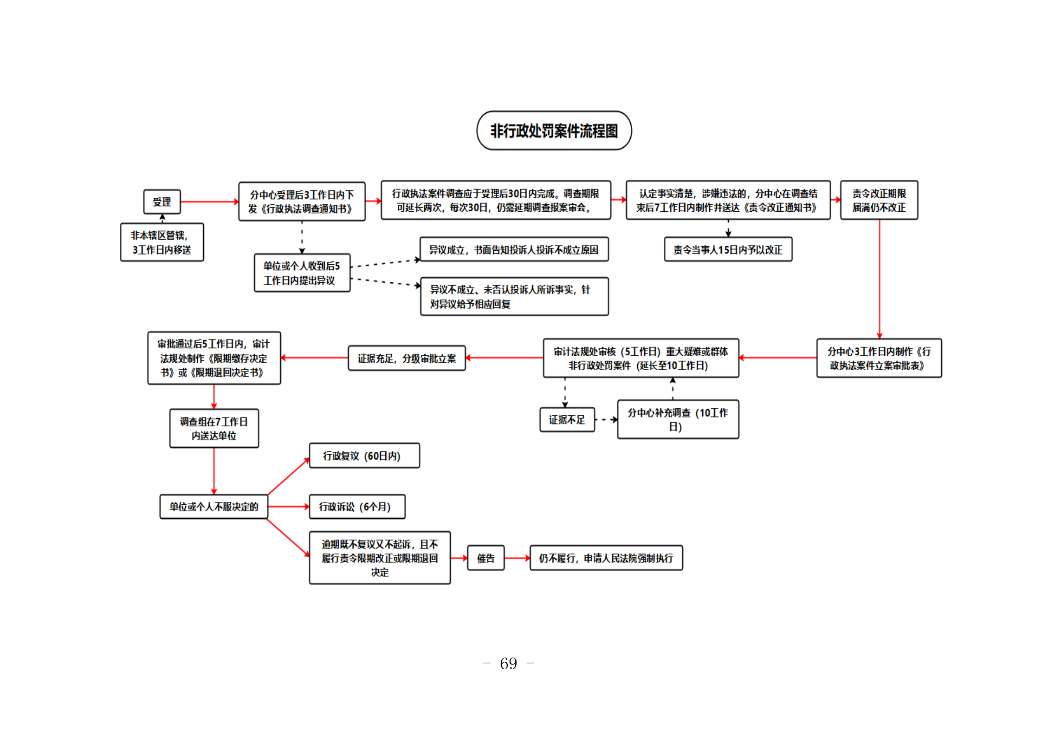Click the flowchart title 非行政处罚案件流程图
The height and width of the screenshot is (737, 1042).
click(554, 130)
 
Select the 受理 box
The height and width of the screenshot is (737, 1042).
click(162, 202)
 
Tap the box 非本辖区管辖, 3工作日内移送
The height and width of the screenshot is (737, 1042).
click(162, 242)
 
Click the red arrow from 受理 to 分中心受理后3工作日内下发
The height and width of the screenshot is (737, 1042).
click(209, 202)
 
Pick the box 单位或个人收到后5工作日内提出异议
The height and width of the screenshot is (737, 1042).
click(302, 273)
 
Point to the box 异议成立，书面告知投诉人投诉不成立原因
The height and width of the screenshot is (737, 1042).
click(514, 249)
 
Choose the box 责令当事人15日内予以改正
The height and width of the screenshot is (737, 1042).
click(728, 249)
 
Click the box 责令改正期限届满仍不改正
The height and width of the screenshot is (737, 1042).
click(879, 200)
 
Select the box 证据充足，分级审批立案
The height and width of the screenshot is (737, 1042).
click(407, 358)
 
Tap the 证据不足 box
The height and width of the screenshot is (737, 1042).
click(567, 420)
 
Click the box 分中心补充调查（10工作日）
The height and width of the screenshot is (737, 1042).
click(678, 419)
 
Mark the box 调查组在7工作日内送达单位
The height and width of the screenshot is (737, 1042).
click(214, 428)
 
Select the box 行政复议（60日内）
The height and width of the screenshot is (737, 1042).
click(364, 456)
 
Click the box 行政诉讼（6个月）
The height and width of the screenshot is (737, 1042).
click(357, 506)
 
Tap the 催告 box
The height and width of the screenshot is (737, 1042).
click(485, 558)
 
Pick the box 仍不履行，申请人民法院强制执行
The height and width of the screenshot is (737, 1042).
click(606, 558)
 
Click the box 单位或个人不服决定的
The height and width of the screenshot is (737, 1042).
click(214, 506)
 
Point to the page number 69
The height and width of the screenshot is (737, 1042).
click(508, 663)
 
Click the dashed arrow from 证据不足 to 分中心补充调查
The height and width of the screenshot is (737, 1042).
click(606, 420)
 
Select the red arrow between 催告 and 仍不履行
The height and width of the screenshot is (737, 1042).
click(517, 558)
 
